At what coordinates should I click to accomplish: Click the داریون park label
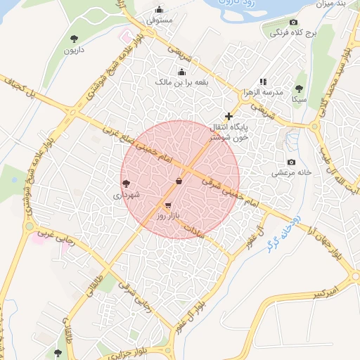point(74,51)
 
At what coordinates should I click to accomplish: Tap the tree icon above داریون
point(75,38)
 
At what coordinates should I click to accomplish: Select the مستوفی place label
point(159,22)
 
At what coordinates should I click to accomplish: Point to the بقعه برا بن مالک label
point(182,82)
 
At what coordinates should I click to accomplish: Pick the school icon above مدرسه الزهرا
point(263,82)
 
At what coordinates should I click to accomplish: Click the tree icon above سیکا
point(300,89)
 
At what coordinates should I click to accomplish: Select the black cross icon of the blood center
point(228,116)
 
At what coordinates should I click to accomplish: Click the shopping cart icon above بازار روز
point(167,205)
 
